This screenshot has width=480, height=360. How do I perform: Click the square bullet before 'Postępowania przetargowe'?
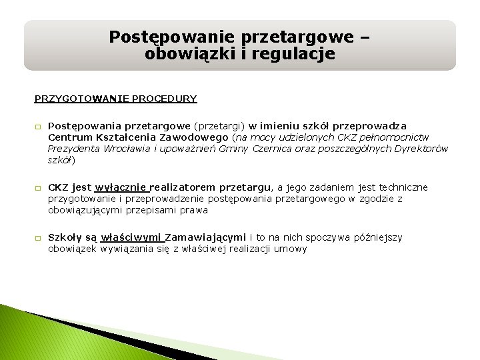[x=38, y=127]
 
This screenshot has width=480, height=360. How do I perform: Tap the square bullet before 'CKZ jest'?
[x=38, y=188]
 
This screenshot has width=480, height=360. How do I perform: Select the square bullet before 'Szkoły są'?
[x=38, y=238]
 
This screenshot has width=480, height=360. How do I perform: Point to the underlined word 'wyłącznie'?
[x=121, y=187]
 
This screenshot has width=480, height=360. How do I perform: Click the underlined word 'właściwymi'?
[x=131, y=237]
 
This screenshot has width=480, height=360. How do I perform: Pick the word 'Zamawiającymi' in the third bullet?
[x=205, y=237]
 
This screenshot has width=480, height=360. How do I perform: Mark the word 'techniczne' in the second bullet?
[x=403, y=187]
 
